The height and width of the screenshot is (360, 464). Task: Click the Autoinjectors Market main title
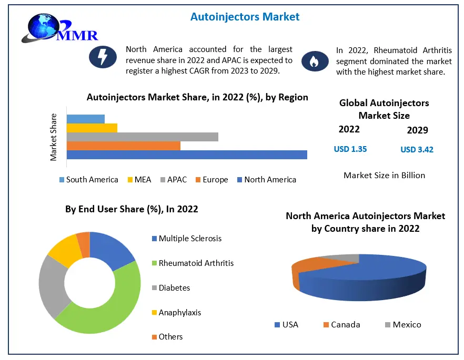[x=245, y=17]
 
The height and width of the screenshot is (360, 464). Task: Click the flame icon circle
[x=314, y=61]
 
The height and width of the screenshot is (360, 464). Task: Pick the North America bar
[x=187, y=155]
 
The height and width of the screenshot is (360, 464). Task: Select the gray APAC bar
[x=142, y=137]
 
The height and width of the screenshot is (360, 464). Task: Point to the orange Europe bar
[x=123, y=146]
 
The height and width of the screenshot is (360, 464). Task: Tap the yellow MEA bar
[x=92, y=128]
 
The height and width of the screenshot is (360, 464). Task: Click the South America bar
[x=85, y=119]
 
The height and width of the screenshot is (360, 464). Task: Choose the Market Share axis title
[x=53, y=137]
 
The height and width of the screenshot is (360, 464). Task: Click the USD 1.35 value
[x=350, y=149]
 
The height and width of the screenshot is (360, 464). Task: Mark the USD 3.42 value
[x=417, y=150]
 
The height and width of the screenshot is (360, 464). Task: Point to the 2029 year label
[x=417, y=130]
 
